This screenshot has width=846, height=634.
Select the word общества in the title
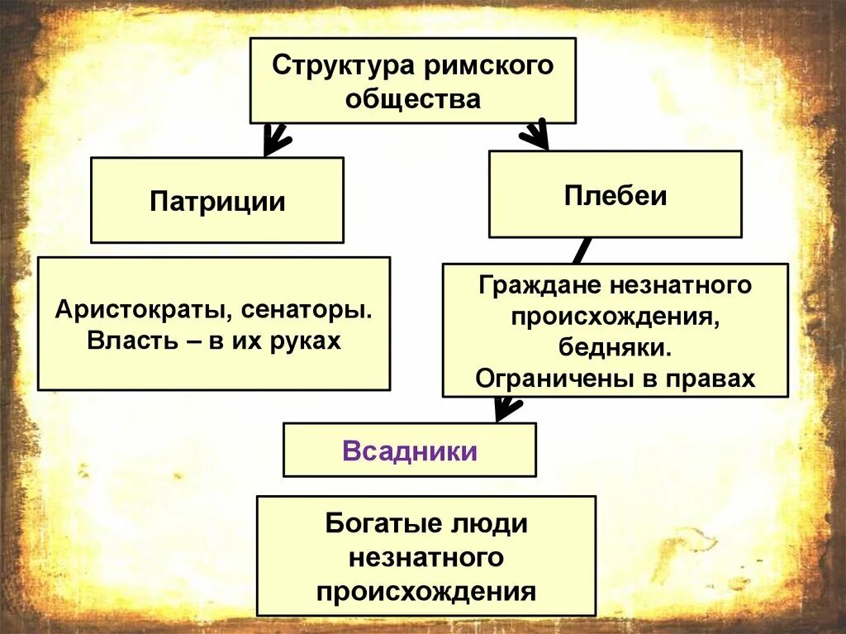pos(413,99)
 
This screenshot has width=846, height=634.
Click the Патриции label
pos(217,202)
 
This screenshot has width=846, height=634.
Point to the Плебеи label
pos(615,195)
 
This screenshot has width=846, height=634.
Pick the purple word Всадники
pos(410,450)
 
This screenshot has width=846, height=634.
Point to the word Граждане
pos(538,286)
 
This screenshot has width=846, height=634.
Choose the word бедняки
pos(615,347)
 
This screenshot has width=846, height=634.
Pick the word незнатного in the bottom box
pos(426,558)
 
